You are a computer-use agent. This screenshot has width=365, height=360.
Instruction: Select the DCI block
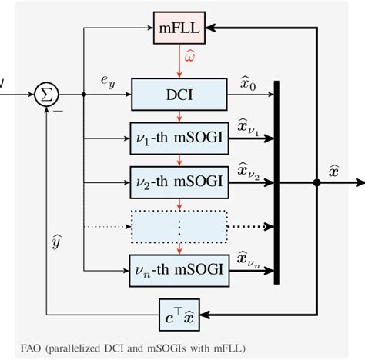point(179,95)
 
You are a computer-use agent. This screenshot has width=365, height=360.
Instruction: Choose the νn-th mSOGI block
point(179,268)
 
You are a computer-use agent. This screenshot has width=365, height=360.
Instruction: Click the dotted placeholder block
point(179,225)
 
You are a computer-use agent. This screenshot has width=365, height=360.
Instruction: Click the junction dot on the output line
point(316,182)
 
